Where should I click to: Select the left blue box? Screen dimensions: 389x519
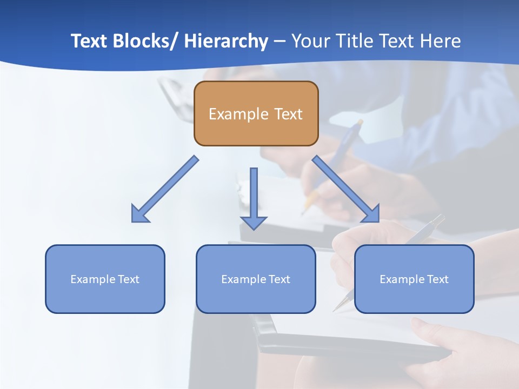105,298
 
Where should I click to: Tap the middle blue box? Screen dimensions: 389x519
256,298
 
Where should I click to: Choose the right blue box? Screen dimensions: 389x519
414,298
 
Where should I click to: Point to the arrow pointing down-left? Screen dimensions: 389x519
165,189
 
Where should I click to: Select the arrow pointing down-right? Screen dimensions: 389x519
346,189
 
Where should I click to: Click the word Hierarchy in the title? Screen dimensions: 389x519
226,41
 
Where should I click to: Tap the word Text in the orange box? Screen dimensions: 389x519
287,114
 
